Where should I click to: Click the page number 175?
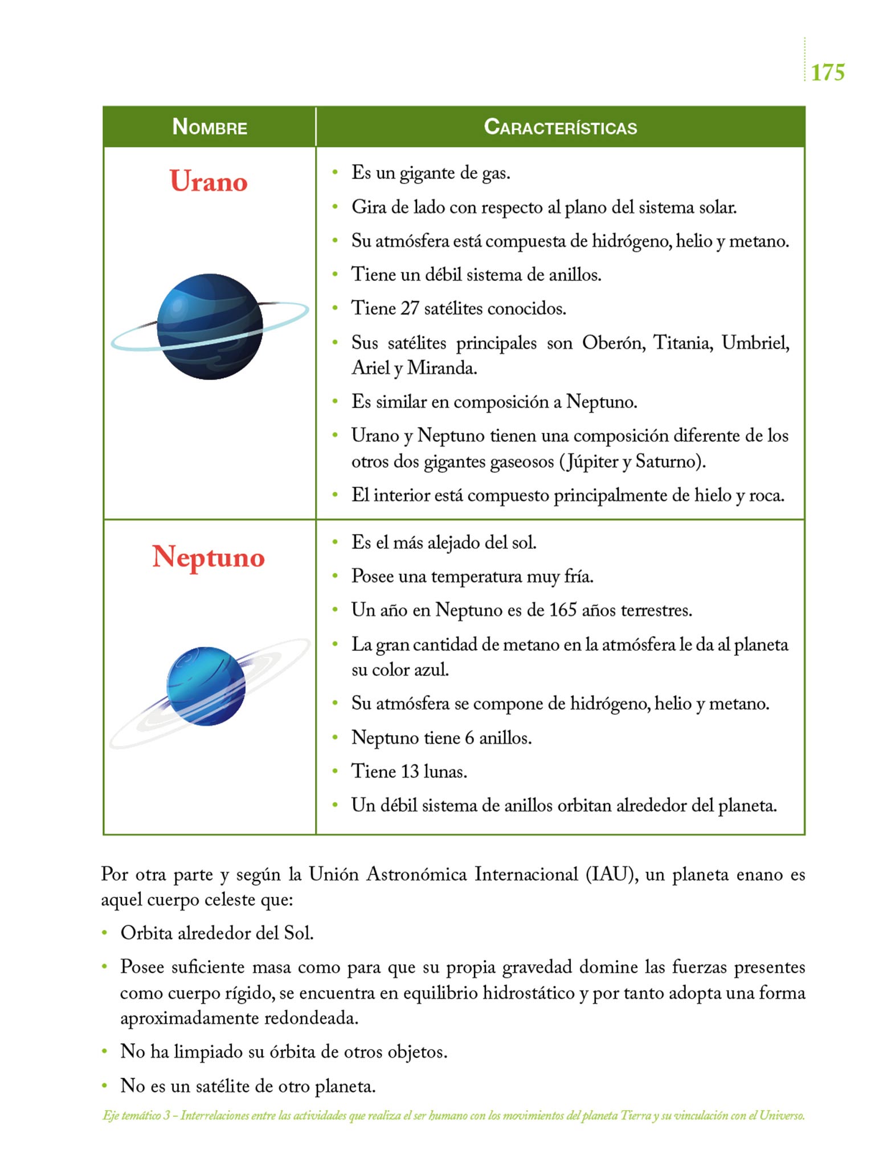tap(827, 73)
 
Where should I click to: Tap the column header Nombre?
tap(210, 127)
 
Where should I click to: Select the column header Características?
tap(560, 127)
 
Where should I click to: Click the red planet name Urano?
tap(209, 182)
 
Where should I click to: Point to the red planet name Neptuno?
tap(209, 557)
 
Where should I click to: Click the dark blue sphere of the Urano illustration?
tap(210, 327)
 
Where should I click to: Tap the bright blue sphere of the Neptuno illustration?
tap(206, 686)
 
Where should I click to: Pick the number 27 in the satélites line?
tap(410, 308)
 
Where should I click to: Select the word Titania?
tap(682, 343)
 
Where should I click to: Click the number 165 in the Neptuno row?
tap(563, 610)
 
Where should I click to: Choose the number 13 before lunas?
tap(410, 772)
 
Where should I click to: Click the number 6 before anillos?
tap(469, 738)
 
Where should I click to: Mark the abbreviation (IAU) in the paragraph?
tap(611, 874)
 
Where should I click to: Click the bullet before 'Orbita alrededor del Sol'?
tap(104, 933)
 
